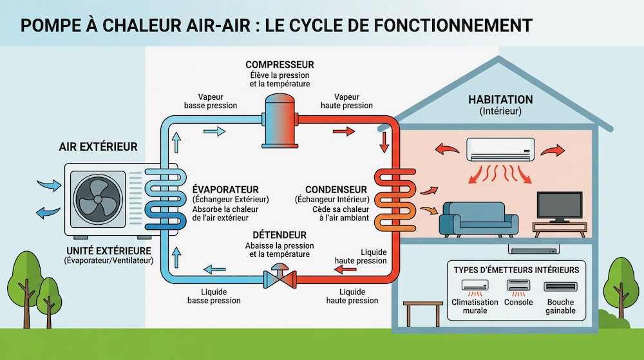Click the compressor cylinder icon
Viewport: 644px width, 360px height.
[x=280, y=120]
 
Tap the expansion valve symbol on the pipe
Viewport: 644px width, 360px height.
[x=280, y=277]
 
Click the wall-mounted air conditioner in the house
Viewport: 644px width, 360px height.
[x=500, y=149]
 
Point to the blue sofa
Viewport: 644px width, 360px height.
[x=478, y=218]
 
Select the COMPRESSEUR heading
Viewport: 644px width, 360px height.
[x=279, y=64]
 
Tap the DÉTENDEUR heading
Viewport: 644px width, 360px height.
[x=279, y=235]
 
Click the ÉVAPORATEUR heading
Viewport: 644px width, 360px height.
[x=225, y=189]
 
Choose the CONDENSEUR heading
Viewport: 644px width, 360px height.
[x=336, y=189]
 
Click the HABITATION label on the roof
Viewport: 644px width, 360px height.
[x=500, y=100]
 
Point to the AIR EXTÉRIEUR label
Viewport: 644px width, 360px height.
[x=98, y=147]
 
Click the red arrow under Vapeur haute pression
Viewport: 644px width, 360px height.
[x=344, y=131]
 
